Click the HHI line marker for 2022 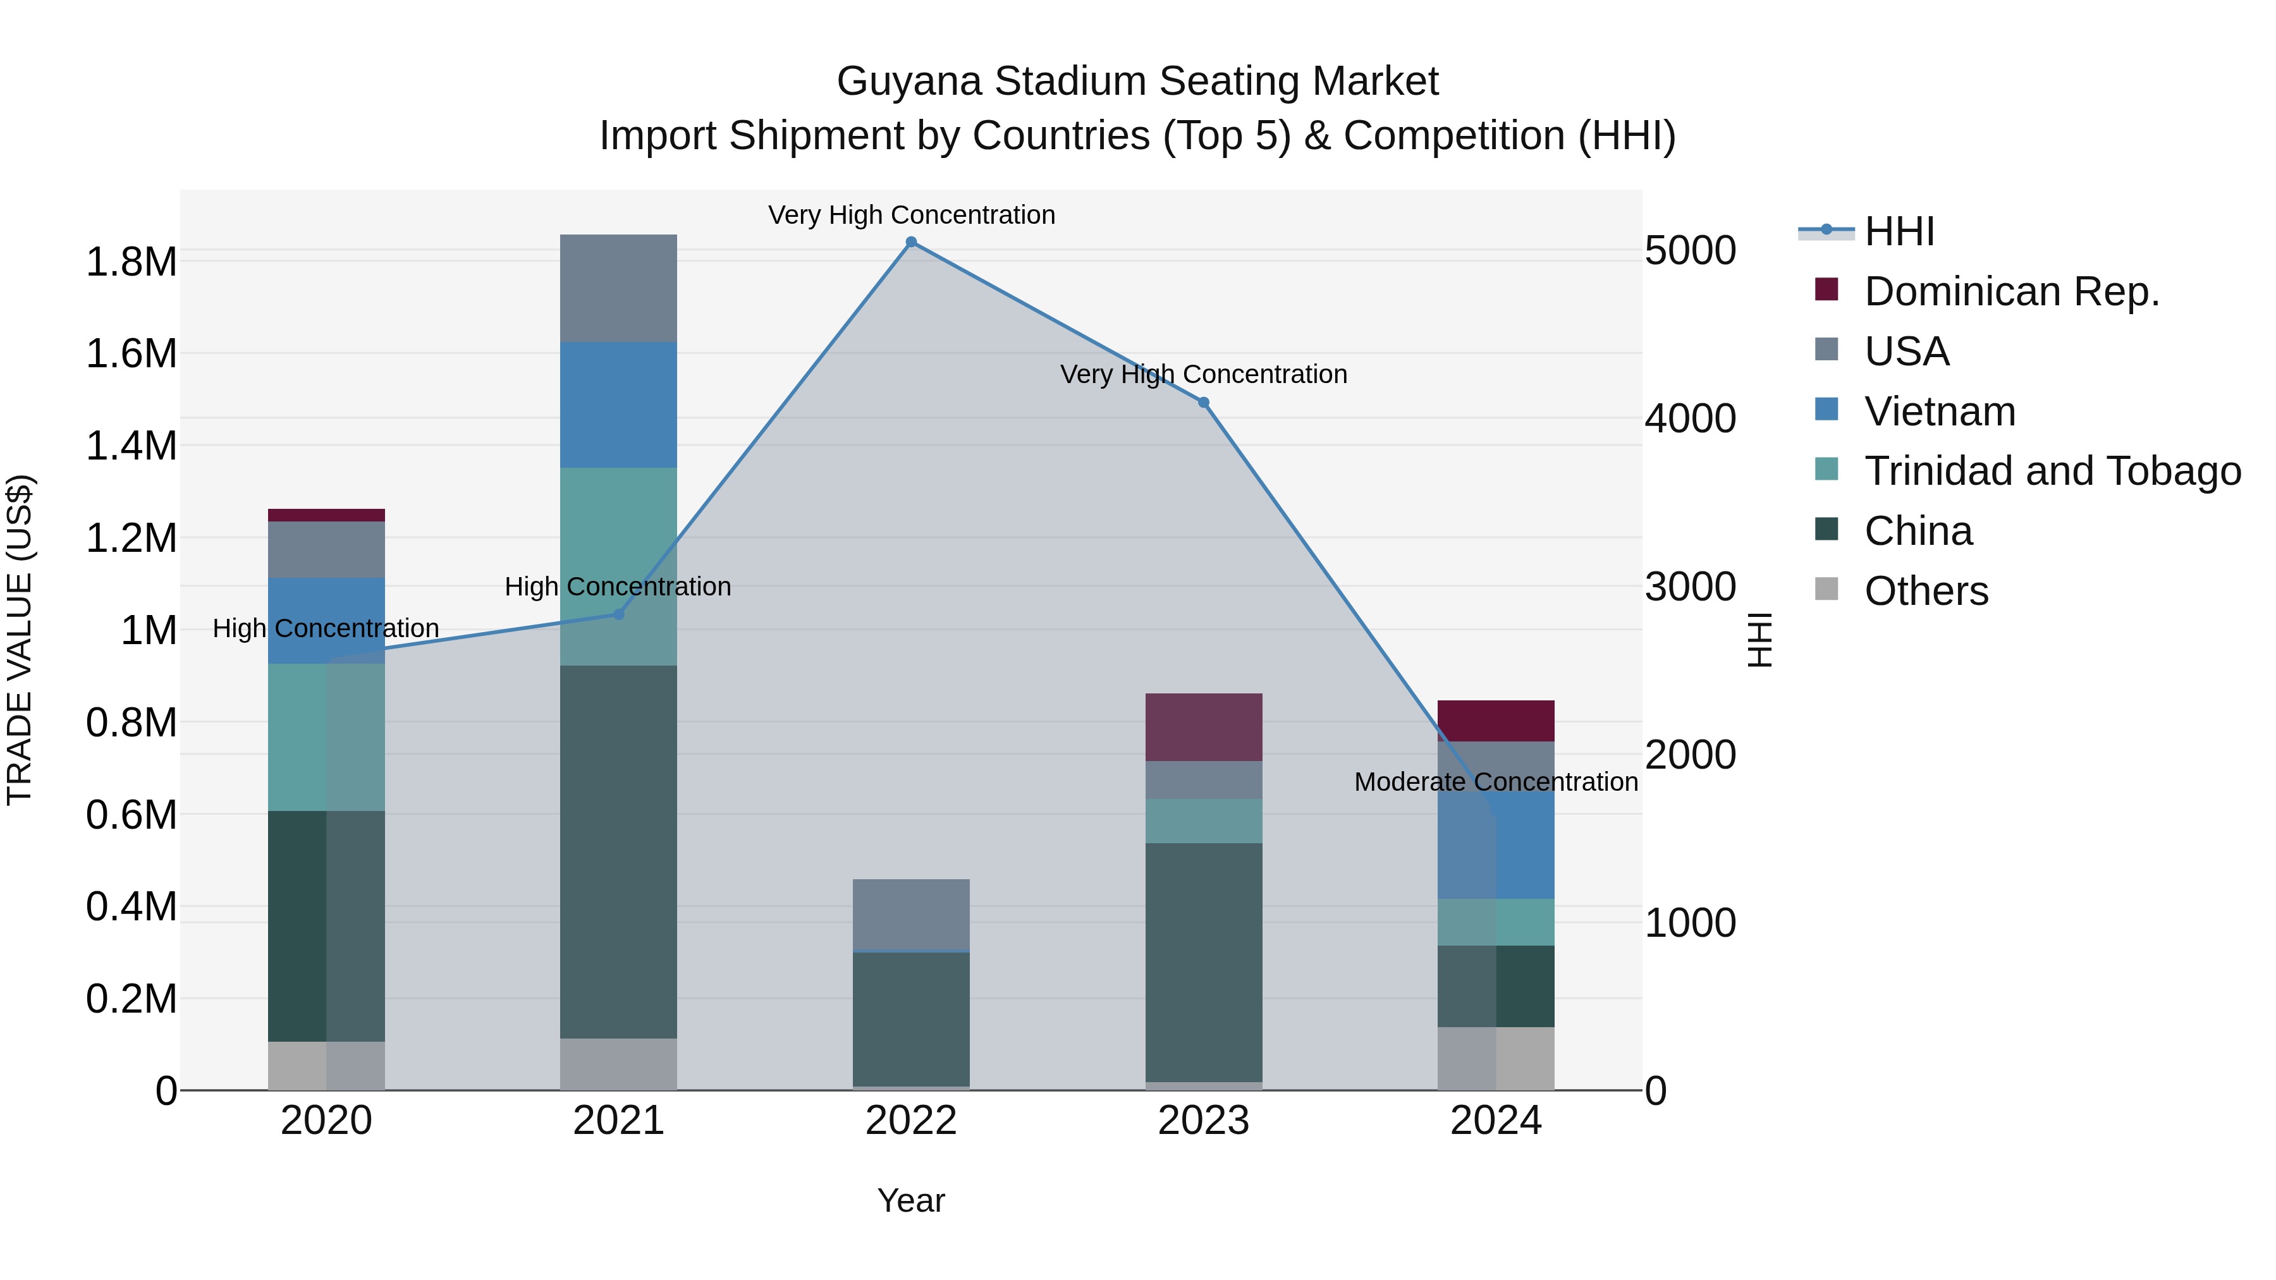click(x=911, y=242)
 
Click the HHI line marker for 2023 click(x=1203, y=403)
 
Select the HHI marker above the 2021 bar click(x=618, y=614)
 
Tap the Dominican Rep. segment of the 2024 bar click(x=1496, y=721)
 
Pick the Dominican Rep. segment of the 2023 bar click(x=1203, y=727)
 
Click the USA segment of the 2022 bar click(x=911, y=914)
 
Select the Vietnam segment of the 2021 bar click(x=618, y=405)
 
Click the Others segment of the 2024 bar click(x=1496, y=1058)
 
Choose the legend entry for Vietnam click(x=1940, y=411)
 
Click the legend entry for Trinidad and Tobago click(x=2052, y=471)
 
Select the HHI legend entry click(x=1899, y=231)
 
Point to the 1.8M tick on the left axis click(x=132, y=262)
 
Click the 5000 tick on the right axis click(x=1689, y=251)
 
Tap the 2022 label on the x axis click(x=911, y=1121)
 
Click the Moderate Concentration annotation click(x=1496, y=782)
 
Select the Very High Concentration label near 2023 click(x=1203, y=375)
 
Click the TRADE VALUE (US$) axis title click(x=20, y=640)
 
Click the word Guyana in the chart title click(x=907, y=82)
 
